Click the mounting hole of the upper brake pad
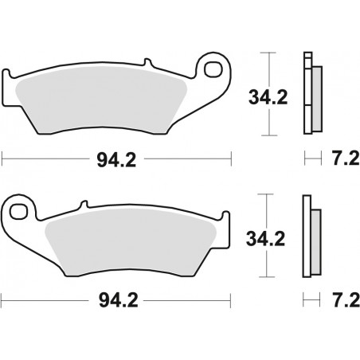[212, 69]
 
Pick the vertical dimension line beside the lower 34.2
[273, 237]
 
